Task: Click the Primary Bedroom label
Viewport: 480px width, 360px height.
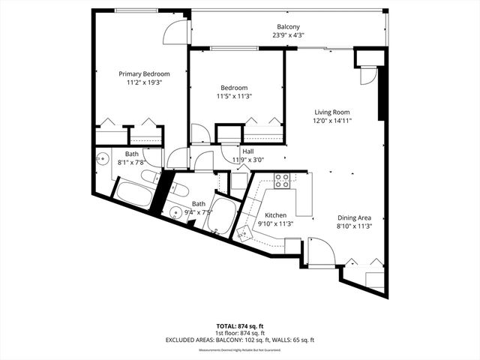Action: [x=145, y=73]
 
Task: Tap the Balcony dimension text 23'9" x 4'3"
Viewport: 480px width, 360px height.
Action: [x=289, y=35]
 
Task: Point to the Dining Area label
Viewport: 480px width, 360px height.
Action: [x=353, y=217]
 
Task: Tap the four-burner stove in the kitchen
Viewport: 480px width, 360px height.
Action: [x=283, y=181]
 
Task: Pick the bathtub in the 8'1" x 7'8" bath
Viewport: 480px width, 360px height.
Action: [x=133, y=194]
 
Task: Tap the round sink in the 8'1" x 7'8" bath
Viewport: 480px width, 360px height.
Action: [x=103, y=159]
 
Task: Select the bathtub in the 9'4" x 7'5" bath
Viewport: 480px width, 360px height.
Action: [x=223, y=211]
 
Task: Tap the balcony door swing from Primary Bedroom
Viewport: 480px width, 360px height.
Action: [x=175, y=31]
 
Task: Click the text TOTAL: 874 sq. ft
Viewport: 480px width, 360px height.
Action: [x=240, y=325]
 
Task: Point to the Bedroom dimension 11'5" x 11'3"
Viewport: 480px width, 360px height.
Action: [x=235, y=96]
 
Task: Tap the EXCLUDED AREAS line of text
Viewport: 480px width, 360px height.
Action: [x=240, y=340]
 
